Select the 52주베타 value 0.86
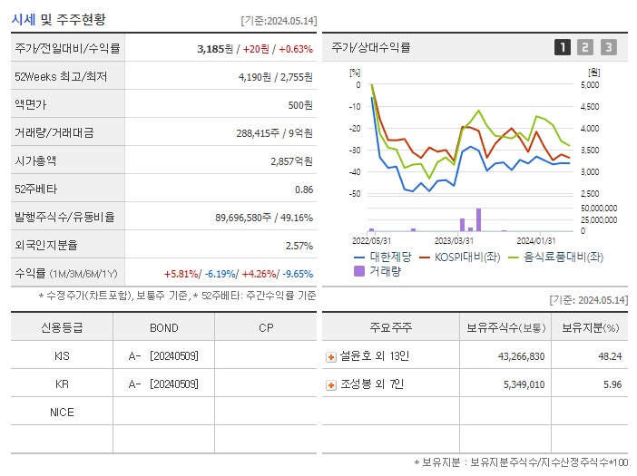pos(303,189)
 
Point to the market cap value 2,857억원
pos(291,160)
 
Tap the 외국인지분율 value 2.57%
pos(299,246)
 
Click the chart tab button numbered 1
pos(563,47)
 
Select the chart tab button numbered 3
pos(608,47)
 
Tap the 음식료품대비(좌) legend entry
pos(563,257)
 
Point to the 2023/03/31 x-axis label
pos(454,240)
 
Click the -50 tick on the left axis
pos(356,194)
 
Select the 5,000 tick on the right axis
pos(589,85)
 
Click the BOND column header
pos(163,327)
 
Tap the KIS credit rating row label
pos(62,356)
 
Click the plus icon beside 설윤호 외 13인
pos(331,357)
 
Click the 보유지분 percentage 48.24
pos(610,356)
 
